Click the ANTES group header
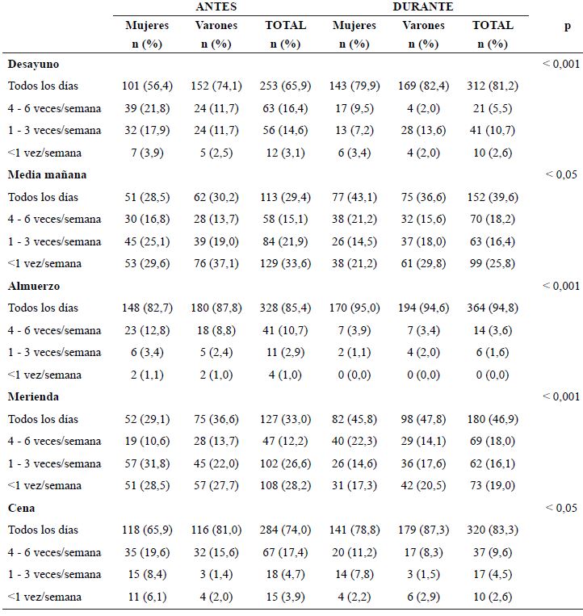point(216,6)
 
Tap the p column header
point(568,26)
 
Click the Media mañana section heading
point(47,174)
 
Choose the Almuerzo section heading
point(34,286)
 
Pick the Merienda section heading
point(33,396)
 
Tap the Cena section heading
point(21,508)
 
